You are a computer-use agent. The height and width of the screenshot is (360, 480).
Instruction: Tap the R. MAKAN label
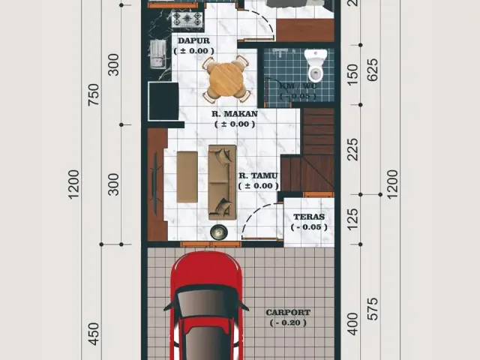point(234,114)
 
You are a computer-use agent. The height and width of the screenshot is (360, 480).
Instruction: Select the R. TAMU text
point(259,175)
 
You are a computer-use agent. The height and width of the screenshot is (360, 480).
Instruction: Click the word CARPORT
point(288,312)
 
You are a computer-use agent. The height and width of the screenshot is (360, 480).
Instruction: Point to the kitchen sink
point(157,53)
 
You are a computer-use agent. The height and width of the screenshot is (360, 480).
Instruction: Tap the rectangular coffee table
point(187,176)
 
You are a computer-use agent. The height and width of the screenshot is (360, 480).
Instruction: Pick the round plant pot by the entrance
point(219,232)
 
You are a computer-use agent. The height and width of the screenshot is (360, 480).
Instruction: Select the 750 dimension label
point(94,94)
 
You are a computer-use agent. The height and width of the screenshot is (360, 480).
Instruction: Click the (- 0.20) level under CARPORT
point(288,322)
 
